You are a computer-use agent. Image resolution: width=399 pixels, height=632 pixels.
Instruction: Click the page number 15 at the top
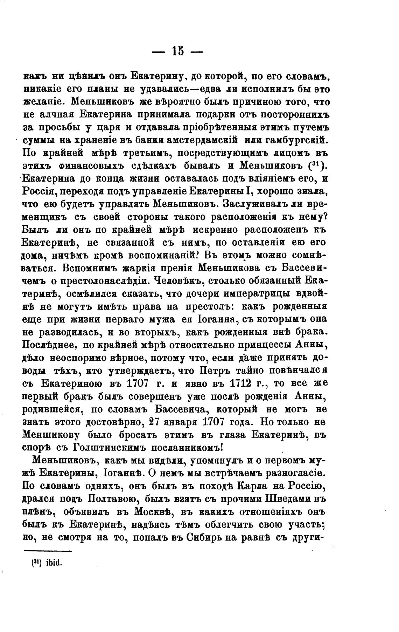coord(178,51)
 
